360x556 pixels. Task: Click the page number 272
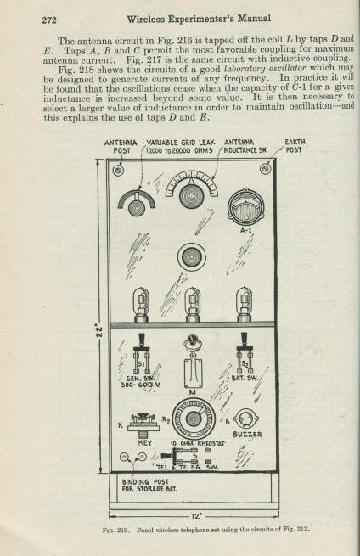click(49, 20)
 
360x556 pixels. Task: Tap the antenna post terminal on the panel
click(118, 171)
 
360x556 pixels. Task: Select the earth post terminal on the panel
click(265, 169)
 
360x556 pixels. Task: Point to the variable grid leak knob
click(136, 207)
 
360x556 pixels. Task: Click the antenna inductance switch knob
click(192, 196)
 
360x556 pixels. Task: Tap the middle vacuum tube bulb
click(193, 304)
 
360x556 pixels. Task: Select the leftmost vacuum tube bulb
click(141, 304)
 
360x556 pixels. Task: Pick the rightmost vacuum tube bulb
click(245, 304)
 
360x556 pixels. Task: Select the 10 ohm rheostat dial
click(194, 418)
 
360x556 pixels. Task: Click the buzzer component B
click(245, 419)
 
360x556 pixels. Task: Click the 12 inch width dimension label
click(195, 516)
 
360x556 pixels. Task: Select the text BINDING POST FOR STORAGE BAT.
click(149, 485)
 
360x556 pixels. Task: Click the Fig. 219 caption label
click(115, 531)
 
